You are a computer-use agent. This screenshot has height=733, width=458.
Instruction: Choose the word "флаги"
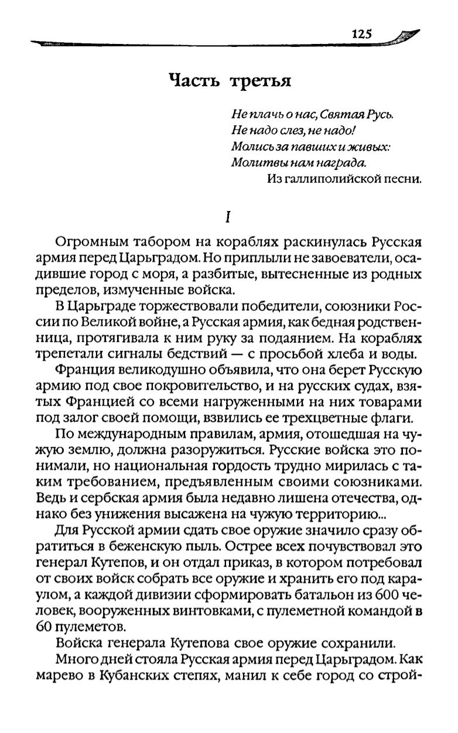point(393,417)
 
